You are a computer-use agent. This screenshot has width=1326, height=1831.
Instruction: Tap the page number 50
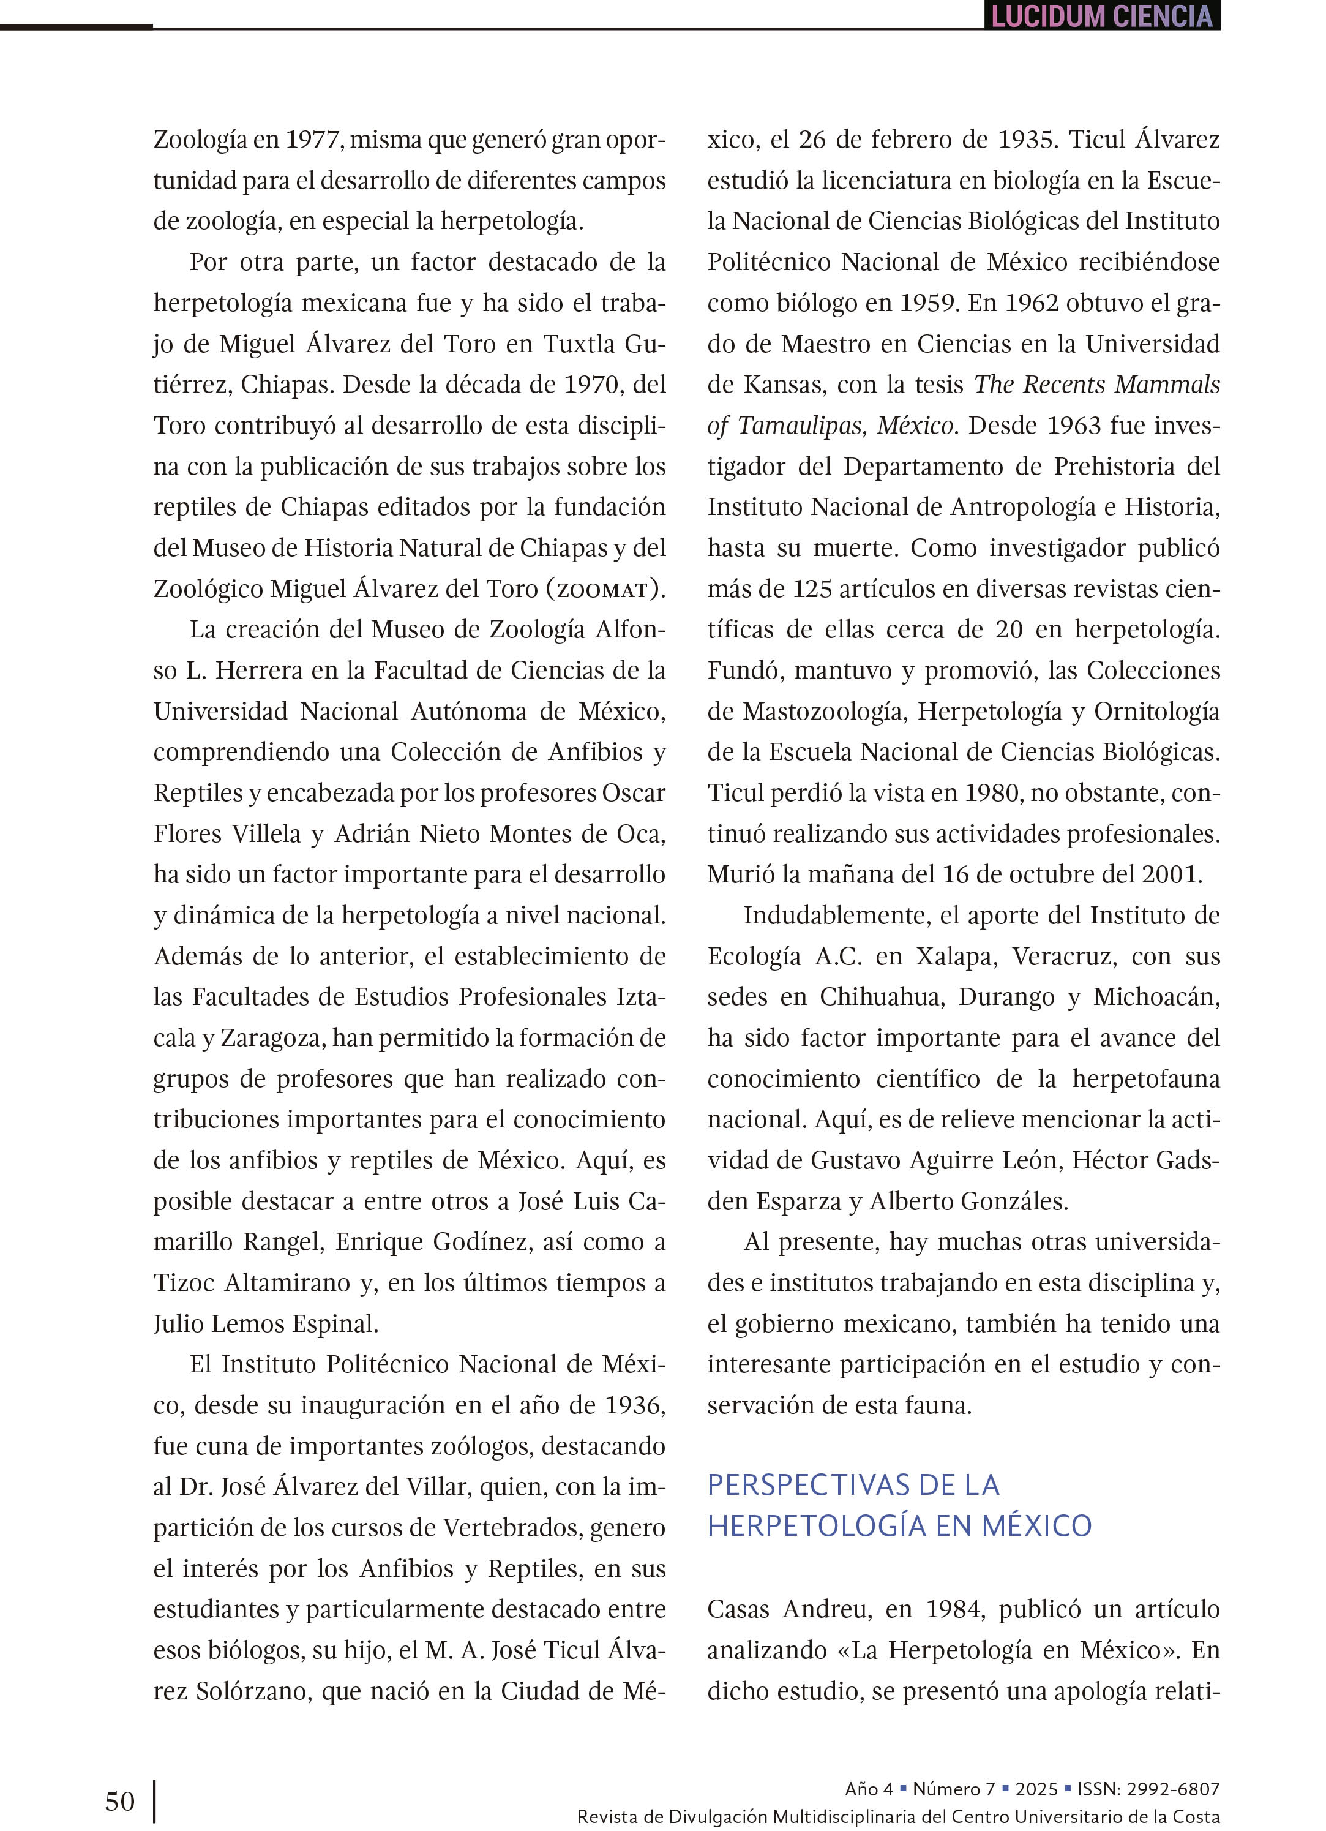(119, 1801)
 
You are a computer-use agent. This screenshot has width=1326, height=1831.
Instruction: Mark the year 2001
(1171, 874)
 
